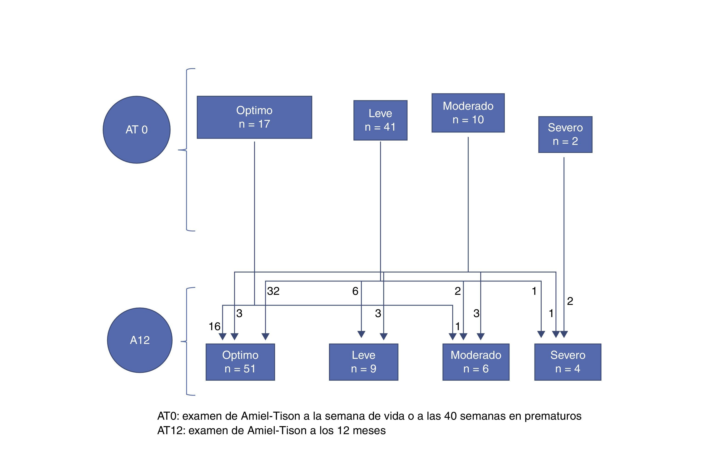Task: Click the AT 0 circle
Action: point(136,130)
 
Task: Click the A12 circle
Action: point(139,340)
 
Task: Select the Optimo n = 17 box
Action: point(254,117)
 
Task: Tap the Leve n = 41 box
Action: point(380,120)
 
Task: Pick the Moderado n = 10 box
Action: point(468,113)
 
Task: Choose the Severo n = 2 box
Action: point(565,134)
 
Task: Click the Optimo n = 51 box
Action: point(240,362)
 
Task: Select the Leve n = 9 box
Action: point(364,362)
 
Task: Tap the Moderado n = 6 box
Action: point(476,362)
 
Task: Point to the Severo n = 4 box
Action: point(568,362)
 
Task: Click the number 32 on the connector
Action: point(273,291)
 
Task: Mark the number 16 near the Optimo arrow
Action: point(214,326)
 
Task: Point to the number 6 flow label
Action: point(355,291)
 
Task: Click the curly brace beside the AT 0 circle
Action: point(186,150)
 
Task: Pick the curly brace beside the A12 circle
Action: point(187,341)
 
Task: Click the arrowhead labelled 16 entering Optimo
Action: point(222,337)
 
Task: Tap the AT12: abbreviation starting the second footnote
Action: point(171,430)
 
